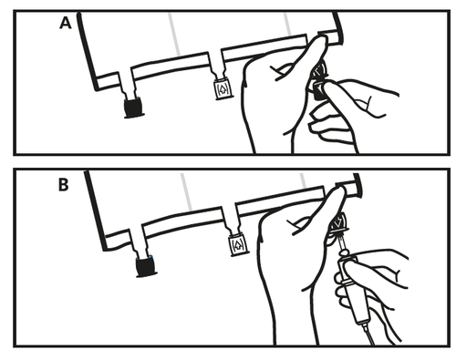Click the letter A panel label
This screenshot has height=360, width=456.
(x=66, y=23)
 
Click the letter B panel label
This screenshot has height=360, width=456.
(x=63, y=184)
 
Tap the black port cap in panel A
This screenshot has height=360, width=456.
(x=134, y=108)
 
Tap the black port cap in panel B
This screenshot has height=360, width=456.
(x=146, y=267)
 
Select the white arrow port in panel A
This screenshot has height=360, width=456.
(x=223, y=89)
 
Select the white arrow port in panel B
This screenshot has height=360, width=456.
(x=240, y=245)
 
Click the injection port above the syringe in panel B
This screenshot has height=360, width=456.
(x=338, y=224)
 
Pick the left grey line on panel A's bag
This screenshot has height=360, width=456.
(x=175, y=34)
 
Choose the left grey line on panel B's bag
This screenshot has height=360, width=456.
(x=186, y=192)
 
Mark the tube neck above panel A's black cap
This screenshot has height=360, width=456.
(x=128, y=86)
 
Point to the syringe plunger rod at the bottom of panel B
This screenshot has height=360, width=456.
(x=368, y=334)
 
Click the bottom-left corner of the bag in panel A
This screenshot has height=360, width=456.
(x=97, y=88)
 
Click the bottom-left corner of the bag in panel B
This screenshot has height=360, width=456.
(x=106, y=249)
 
